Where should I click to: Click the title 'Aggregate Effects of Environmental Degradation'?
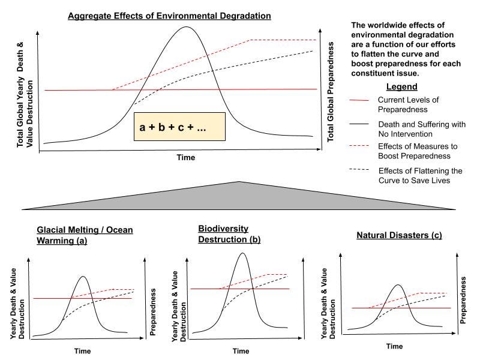(170, 15)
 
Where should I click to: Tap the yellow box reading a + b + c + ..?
(179, 127)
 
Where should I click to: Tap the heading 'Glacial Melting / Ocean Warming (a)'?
(85, 235)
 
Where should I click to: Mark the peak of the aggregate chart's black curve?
(187, 26)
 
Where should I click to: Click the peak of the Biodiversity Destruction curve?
(242, 253)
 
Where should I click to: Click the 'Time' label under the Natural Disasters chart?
(394, 346)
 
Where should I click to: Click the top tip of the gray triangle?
(240, 181)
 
